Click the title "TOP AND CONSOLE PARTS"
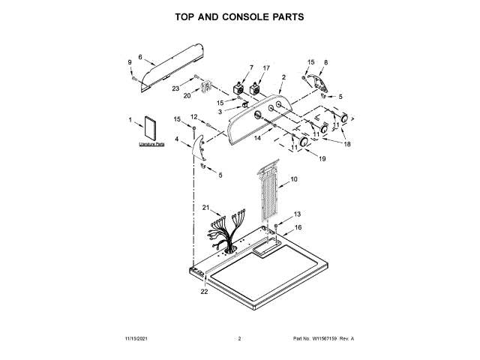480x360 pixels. [x=239, y=16]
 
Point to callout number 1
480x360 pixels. [x=130, y=119]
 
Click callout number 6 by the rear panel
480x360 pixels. [x=140, y=56]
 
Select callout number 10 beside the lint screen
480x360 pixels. [x=294, y=179]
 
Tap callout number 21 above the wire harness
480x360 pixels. [x=207, y=207]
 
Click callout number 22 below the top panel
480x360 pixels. [x=203, y=292]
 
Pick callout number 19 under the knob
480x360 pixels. [x=322, y=159]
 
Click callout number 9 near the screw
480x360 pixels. [x=129, y=62]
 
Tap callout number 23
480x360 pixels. [x=176, y=88]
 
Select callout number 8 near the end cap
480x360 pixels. [x=325, y=63]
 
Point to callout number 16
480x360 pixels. [x=297, y=227]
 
